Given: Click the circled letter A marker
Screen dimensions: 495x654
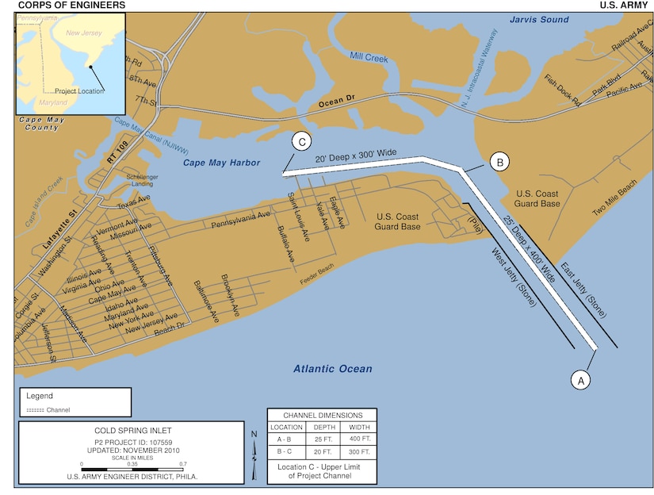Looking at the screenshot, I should coord(580,380).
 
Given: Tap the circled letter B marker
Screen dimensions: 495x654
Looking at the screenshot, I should coord(499,162).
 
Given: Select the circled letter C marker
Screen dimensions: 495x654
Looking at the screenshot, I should coord(301,141).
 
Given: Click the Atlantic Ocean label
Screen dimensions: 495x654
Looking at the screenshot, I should coord(332,369).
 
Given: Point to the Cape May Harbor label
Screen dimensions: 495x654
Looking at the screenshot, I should coord(221,163).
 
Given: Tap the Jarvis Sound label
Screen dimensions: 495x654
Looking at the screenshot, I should coord(539,19).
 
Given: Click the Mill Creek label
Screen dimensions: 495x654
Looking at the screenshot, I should coord(369,57).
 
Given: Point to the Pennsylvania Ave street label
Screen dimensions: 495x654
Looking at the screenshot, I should coord(241,221).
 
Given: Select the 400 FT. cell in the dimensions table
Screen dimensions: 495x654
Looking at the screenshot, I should coord(358,438).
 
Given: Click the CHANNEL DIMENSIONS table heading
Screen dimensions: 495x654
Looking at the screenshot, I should coord(322,415).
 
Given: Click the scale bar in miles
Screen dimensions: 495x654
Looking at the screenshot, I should coord(132,469).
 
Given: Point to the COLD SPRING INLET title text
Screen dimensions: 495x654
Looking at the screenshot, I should coord(132,431).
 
